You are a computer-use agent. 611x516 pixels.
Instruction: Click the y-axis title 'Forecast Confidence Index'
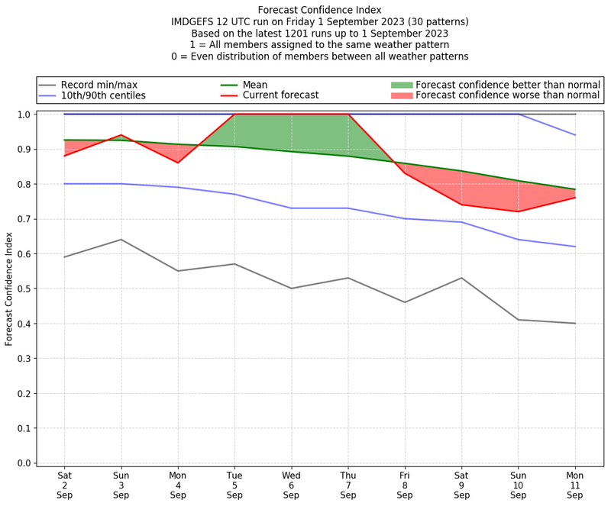pos(10,289)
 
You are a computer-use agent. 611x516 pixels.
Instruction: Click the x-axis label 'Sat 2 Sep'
pos(64,485)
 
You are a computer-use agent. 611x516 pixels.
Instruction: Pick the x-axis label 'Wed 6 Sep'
pos(291,485)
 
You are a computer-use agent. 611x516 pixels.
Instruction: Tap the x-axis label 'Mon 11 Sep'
pos(575,485)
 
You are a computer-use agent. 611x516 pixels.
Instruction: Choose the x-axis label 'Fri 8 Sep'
pos(405,485)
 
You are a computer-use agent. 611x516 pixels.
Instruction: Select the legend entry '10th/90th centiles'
pos(103,95)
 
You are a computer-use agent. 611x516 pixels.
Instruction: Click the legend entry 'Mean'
pos(255,85)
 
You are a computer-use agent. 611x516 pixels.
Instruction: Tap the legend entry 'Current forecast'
pos(280,95)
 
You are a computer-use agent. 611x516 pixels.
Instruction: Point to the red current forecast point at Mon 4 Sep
pos(178,163)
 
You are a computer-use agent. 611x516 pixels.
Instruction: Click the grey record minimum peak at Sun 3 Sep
pos(121,240)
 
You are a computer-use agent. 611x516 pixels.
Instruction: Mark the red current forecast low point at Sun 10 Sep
pos(519,211)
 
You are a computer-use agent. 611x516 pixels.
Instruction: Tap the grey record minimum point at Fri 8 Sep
pos(405,302)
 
